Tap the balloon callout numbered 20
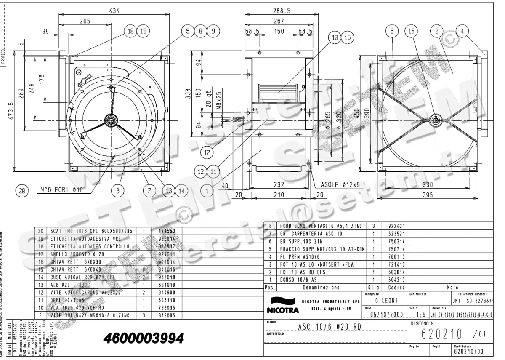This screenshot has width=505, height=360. [x=22, y=191]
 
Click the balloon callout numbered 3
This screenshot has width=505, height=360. [x=118, y=191]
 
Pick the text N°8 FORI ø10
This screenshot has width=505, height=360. [x=62, y=190]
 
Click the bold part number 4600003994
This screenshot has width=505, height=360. [x=144, y=338]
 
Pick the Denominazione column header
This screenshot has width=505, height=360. [x=322, y=288]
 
